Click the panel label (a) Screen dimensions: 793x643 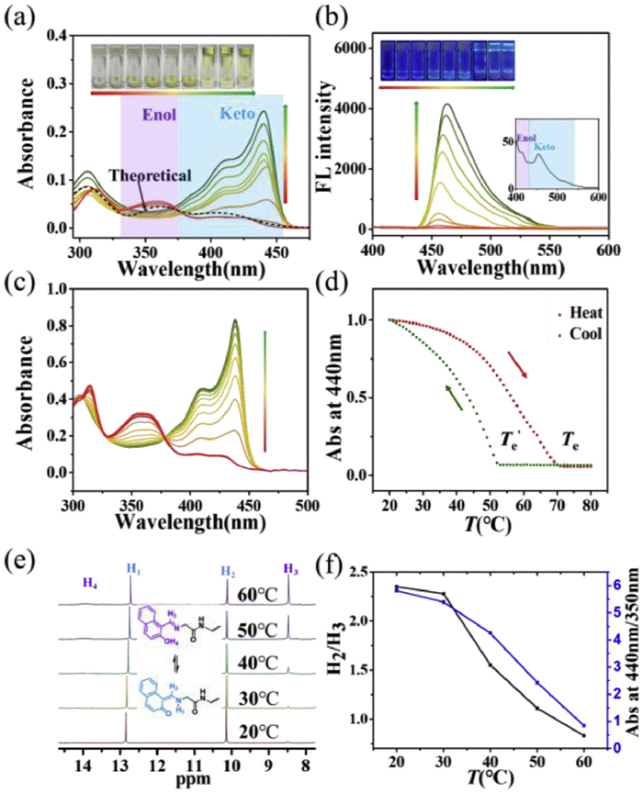20,16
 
